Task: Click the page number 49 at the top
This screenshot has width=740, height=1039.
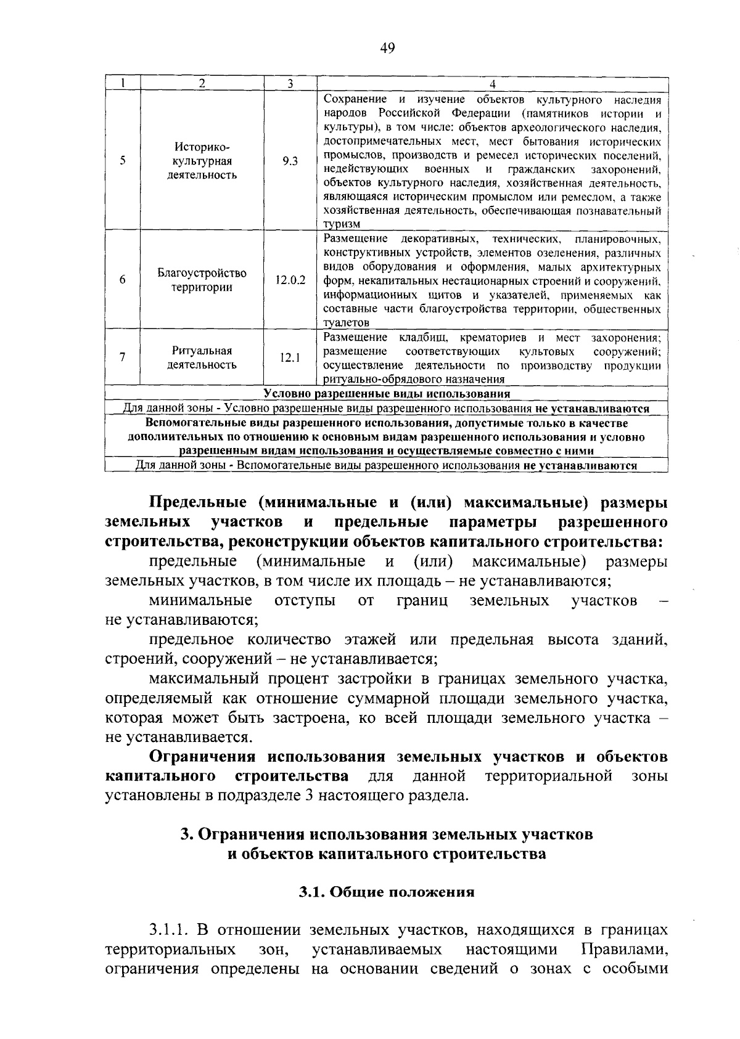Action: point(387,48)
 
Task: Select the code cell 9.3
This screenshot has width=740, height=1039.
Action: point(290,161)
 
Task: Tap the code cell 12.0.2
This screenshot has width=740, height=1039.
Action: point(290,280)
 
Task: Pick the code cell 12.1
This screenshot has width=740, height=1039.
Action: point(290,357)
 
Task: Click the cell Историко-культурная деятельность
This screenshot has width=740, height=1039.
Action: point(202,161)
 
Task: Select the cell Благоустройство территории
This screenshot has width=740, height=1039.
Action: point(202,280)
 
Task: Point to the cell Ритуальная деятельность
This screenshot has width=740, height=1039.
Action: point(202,357)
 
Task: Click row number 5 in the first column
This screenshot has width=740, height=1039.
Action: point(123,161)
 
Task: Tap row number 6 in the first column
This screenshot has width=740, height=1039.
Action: point(123,280)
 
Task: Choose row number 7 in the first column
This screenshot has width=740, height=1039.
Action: point(123,357)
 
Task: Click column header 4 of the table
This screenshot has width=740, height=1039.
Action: point(492,84)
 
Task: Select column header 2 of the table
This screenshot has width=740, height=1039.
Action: point(202,84)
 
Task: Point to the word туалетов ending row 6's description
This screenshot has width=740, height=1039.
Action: point(347,322)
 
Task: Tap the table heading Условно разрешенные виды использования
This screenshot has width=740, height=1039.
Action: point(387,394)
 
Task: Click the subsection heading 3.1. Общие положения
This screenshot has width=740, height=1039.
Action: point(387,892)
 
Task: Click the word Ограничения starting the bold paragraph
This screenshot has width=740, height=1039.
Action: point(203,756)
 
